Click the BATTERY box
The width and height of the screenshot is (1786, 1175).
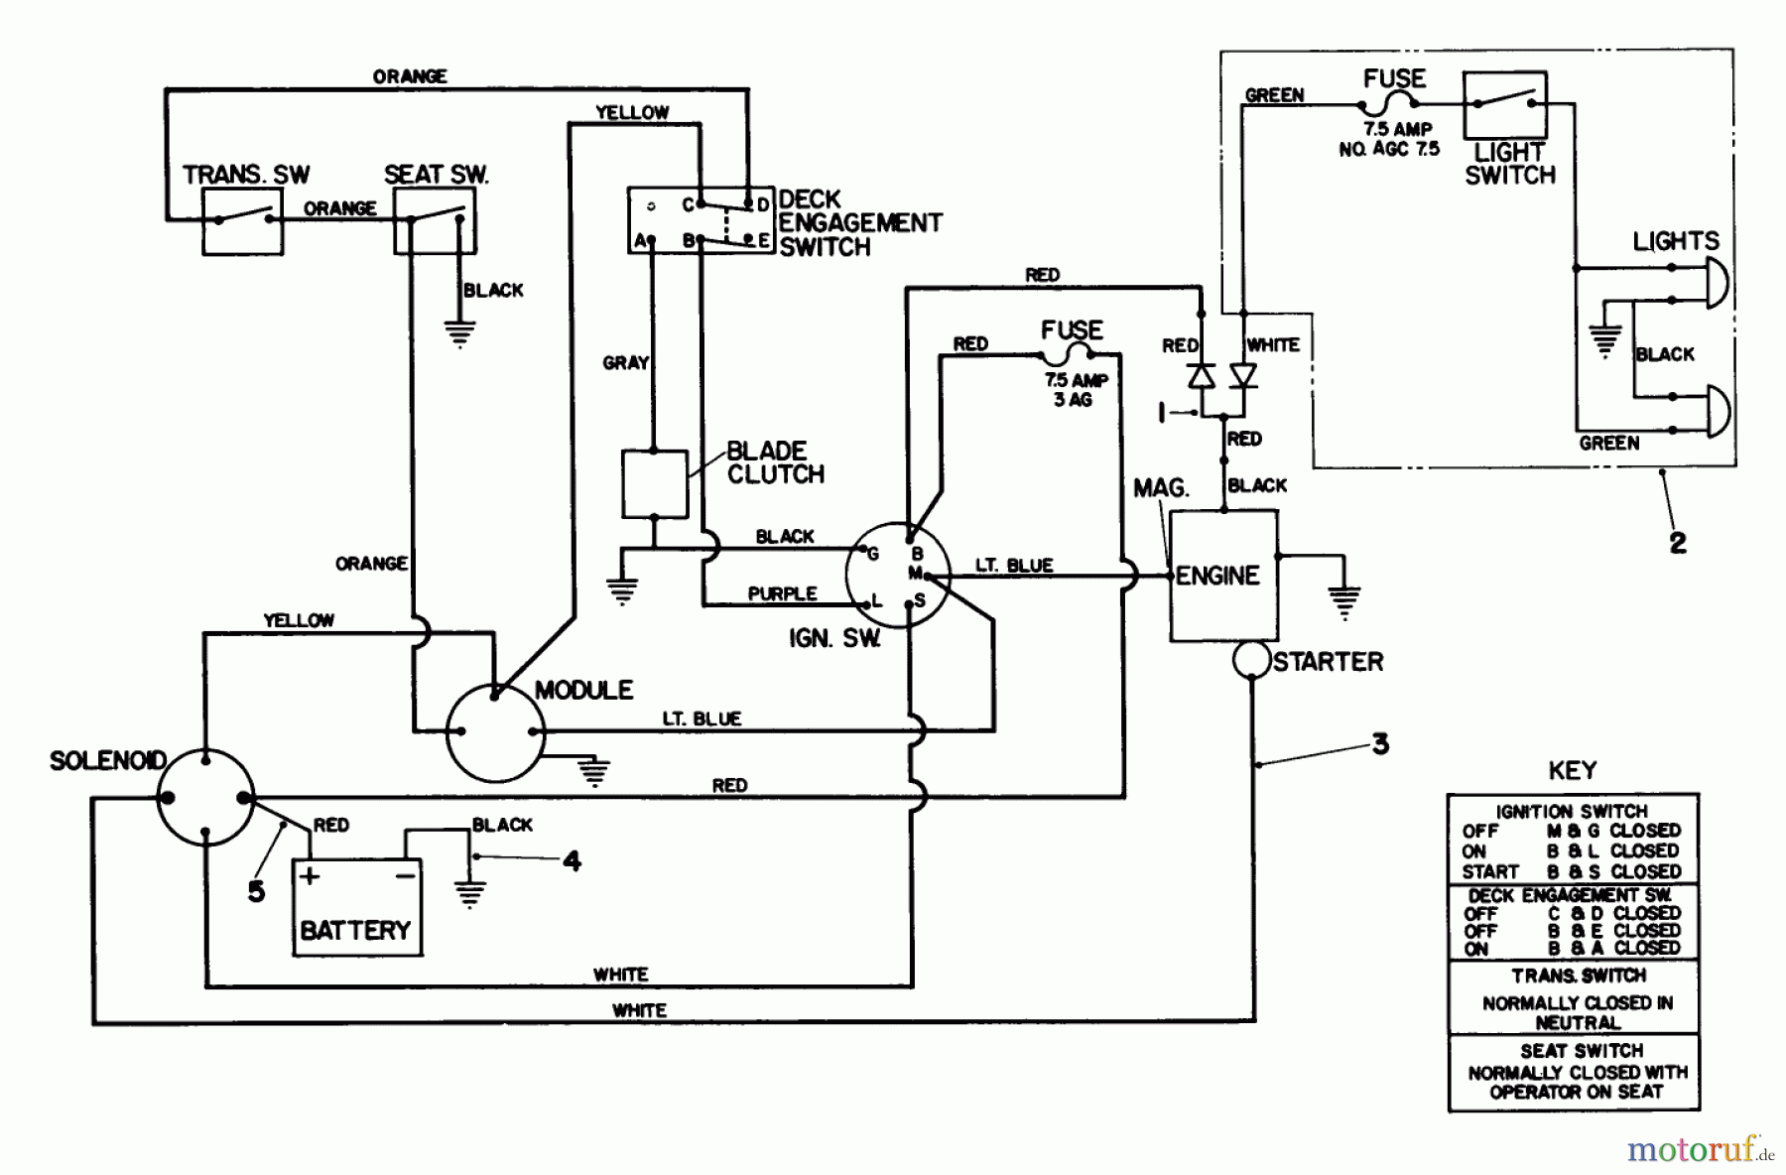(357, 908)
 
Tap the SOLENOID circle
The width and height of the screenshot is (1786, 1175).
(205, 798)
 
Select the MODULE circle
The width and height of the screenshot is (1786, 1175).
(495, 733)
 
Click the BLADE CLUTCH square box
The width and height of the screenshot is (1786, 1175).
(654, 484)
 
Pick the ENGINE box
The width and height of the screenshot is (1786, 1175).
(1223, 576)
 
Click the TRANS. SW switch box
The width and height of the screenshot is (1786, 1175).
(242, 221)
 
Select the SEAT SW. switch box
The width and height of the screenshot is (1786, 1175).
(435, 221)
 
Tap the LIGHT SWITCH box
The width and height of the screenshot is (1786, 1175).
(1504, 104)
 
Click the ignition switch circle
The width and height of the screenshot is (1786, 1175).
(897, 576)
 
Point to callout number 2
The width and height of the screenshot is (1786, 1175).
(1677, 543)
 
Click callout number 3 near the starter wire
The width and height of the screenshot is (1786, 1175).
(1380, 743)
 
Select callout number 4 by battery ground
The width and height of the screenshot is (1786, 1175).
(572, 860)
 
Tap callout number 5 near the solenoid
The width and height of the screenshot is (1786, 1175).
(256, 890)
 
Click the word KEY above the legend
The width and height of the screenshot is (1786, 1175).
(1572, 770)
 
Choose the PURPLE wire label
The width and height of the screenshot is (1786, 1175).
(782, 593)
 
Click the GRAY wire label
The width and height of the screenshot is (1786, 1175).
(625, 363)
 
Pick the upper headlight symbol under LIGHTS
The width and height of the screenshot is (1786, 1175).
(1715, 282)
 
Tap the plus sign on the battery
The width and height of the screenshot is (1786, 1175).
(310, 875)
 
